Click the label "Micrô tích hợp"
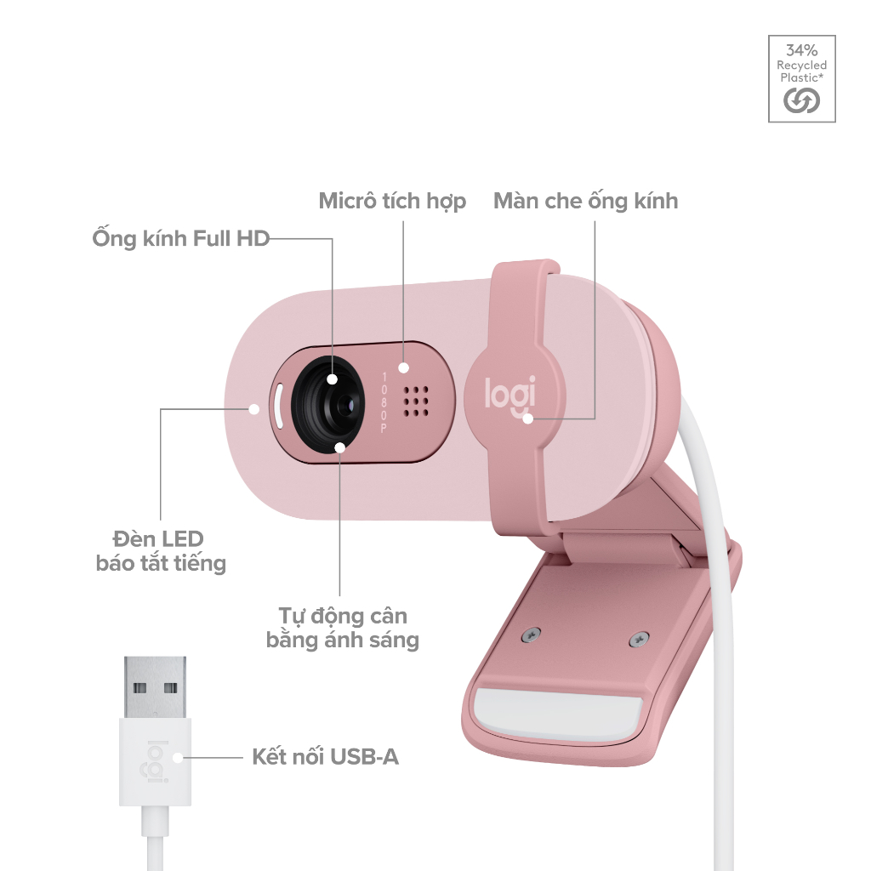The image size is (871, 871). tap(392, 201)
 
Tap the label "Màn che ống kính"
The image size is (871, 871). tap(585, 201)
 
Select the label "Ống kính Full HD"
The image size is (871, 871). tap(181, 238)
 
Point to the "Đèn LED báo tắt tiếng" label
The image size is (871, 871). tap(161, 551)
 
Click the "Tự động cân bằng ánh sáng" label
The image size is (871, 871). tap(342, 628)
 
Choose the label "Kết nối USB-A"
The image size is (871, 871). tap(325, 756)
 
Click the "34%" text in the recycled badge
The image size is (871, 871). tap(801, 50)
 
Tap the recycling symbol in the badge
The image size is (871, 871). tap(801, 100)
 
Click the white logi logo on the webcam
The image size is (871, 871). tap(510, 395)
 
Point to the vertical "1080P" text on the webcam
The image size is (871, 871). tap(384, 402)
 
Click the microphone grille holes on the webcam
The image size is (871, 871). tap(416, 401)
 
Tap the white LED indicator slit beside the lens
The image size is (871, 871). tap(279, 406)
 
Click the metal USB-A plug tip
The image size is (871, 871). tap(155, 687)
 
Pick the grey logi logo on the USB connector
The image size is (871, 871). tap(157, 762)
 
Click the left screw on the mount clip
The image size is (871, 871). tap(532, 634)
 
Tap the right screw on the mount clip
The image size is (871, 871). tap(640, 640)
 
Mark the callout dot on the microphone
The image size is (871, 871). tap(404, 367)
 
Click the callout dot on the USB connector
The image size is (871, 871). tap(177, 757)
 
